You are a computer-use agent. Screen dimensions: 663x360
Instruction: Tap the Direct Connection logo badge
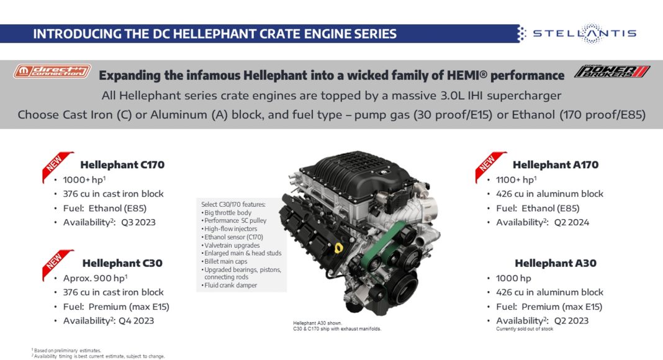52,71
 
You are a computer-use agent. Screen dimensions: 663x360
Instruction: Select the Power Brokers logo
612,71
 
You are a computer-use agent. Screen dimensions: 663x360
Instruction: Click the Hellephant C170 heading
122,164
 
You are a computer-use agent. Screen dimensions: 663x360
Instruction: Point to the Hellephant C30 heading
122,263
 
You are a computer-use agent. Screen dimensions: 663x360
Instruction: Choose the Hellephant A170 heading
556,164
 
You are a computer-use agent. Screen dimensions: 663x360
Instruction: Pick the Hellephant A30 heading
556,263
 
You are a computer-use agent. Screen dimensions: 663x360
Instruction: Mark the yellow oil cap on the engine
338,248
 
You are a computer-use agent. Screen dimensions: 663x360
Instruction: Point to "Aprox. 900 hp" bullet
95,278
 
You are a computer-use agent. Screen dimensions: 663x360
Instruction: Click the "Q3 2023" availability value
138,222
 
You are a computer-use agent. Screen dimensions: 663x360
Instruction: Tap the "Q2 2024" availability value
572,222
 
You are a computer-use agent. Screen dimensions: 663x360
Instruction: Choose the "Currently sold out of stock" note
525,329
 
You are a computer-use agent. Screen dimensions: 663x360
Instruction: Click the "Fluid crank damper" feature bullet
229,286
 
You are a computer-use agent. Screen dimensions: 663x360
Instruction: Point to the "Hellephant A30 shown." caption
317,323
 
